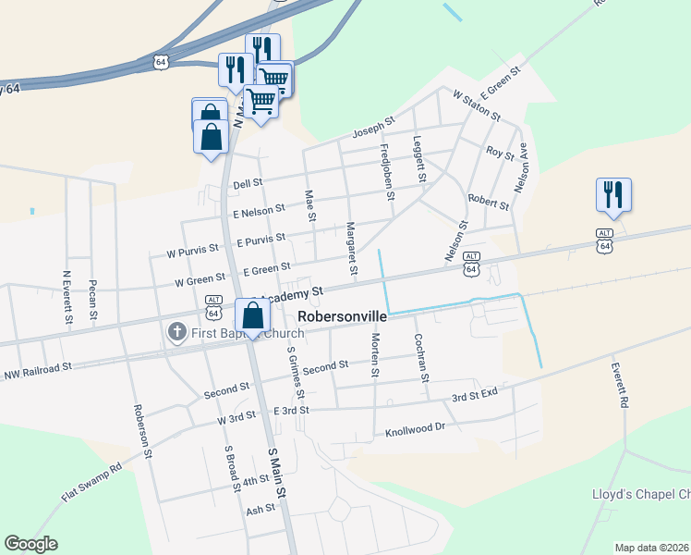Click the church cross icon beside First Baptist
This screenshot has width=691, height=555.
pos(176,331)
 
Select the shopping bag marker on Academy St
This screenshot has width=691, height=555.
pos(252,316)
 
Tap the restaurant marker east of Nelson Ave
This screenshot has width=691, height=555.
pos(612,194)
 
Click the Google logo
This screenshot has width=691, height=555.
pos(30,544)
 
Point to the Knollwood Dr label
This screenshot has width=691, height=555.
pos(415,430)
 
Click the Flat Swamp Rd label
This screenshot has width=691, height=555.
pos(91,483)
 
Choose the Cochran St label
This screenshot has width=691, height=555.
pos(421,357)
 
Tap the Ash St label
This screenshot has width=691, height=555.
pos(261,509)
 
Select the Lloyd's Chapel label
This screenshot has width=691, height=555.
pos(640,494)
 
